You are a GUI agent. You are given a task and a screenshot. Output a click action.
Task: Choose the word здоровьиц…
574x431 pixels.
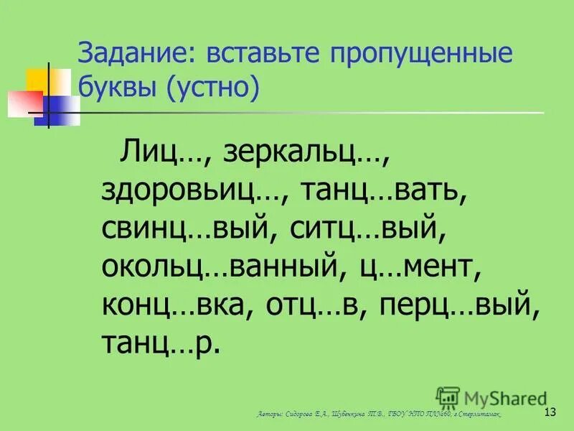(194, 190)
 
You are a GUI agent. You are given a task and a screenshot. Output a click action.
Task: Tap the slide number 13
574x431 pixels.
(551, 412)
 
